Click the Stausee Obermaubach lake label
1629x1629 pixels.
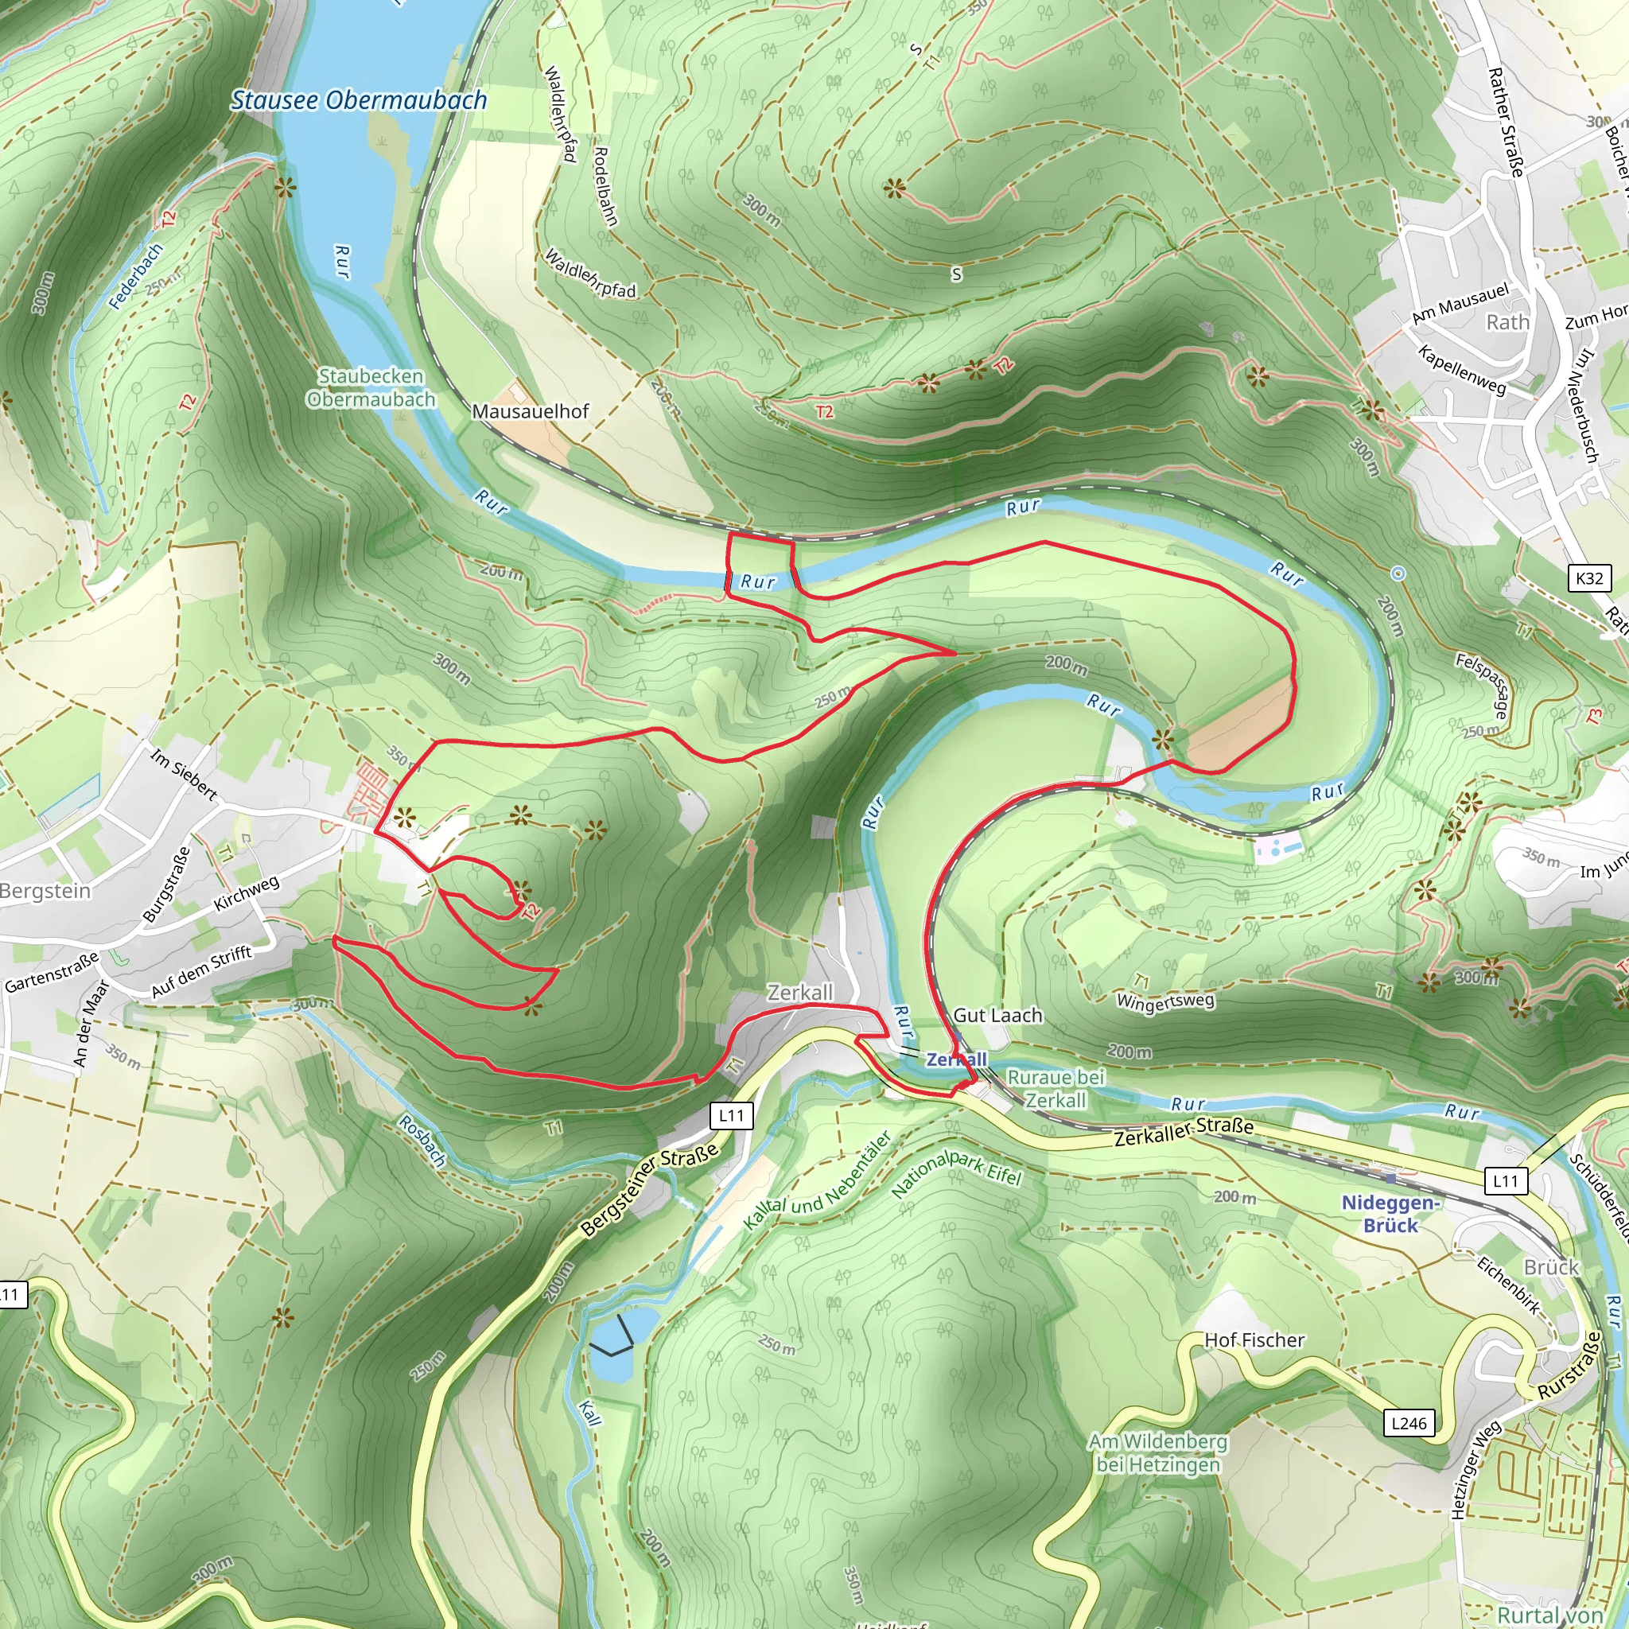tap(360, 100)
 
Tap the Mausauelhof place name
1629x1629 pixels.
tap(530, 411)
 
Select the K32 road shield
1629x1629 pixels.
tap(1588, 578)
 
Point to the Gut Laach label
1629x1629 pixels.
tap(997, 1015)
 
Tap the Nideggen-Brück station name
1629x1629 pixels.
tap(1390, 1214)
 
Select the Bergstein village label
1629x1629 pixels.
tap(45, 891)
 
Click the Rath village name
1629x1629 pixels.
tap(1507, 323)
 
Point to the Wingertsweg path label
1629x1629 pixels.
tap(1165, 1001)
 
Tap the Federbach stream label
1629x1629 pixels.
tap(136, 277)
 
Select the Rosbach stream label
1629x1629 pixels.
tap(422, 1141)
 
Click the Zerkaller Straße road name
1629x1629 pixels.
tap(1184, 1133)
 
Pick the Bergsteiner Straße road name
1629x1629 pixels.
tap(650, 1190)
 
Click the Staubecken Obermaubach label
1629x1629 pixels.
tap(371, 388)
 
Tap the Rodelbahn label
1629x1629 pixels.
tap(605, 186)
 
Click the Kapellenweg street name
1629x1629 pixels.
tap(1461, 370)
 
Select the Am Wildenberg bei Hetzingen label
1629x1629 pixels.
tap(1157, 1452)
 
